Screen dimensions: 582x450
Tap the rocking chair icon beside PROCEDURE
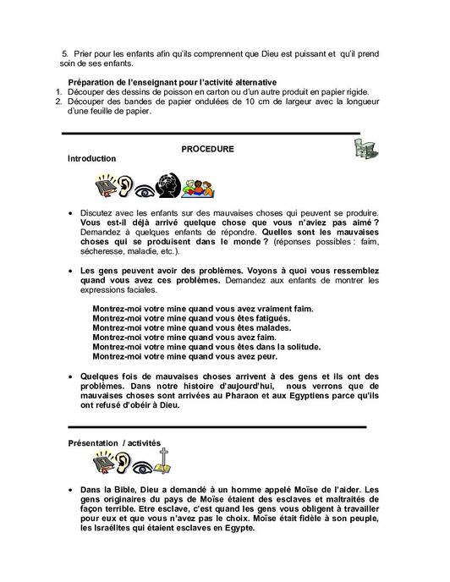tap(365, 151)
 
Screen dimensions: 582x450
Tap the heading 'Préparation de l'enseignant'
tap(154, 80)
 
